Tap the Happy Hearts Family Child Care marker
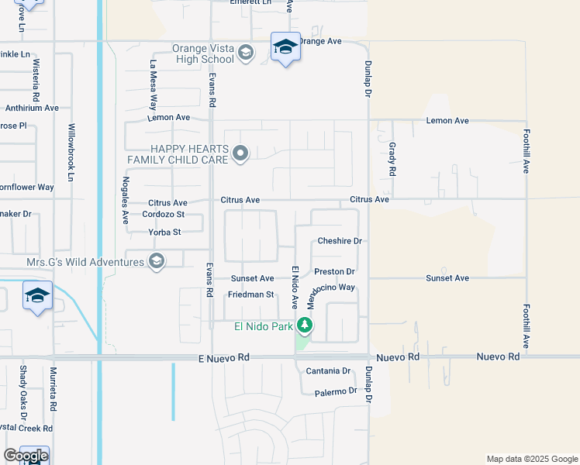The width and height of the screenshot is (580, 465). click(x=240, y=153)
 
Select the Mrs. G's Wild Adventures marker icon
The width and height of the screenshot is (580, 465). click(x=157, y=261)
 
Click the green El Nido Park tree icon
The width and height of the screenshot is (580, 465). click(x=306, y=326)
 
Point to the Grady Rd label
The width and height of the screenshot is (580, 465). click(x=392, y=159)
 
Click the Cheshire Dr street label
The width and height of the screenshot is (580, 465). click(x=340, y=241)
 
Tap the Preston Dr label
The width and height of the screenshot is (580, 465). click(x=334, y=272)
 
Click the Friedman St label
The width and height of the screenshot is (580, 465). click(x=251, y=294)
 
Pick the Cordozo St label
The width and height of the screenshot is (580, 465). click(x=166, y=214)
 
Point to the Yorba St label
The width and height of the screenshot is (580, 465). click(x=164, y=232)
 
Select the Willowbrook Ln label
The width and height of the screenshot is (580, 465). click(x=71, y=151)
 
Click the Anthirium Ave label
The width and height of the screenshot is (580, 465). click(x=31, y=108)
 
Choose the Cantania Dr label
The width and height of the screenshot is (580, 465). click(x=329, y=371)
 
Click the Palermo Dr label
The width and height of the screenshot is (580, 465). click(x=336, y=392)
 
